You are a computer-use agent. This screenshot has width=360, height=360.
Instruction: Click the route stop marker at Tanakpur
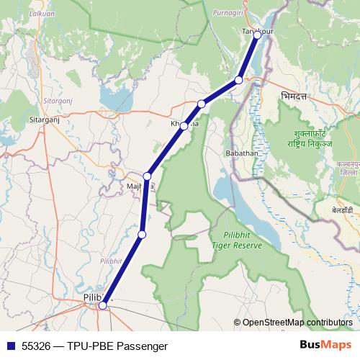coord(257,35)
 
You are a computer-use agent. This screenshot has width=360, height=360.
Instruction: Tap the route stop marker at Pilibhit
coord(103,305)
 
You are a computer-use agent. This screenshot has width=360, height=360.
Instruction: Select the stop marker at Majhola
coord(148,176)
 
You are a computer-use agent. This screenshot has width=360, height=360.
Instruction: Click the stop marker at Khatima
coord(184,126)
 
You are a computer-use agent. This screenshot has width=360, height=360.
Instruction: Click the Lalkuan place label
coord(19,13)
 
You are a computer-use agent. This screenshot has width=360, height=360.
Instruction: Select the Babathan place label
coord(242,153)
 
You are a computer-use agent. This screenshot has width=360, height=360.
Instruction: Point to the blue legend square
coord(9,346)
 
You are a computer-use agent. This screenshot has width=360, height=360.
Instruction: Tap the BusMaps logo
coord(325,345)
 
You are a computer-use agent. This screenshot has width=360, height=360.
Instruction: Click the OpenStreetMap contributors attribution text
coord(297,322)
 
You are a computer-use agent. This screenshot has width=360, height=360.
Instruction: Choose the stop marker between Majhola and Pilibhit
coord(142,234)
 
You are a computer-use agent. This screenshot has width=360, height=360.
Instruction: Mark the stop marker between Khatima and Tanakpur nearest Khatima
coord(202,104)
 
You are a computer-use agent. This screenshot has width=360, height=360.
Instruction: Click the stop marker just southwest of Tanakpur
coord(238,80)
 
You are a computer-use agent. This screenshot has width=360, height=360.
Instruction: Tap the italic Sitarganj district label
coord(40,93)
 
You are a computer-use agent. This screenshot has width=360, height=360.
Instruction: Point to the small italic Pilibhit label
coord(112,261)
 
